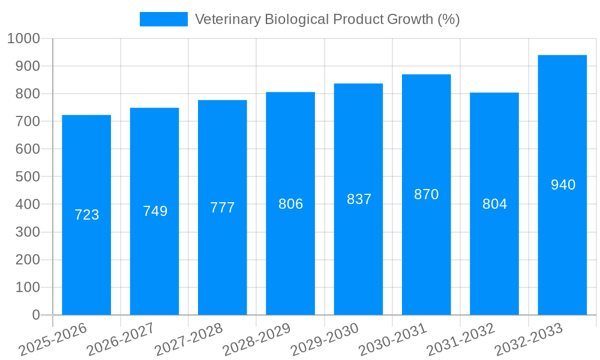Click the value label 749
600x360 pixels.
click(155, 211)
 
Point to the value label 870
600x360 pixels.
click(427, 194)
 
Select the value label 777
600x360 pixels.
click(223, 208)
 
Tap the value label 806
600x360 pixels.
click(290, 204)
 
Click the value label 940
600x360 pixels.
click(563, 185)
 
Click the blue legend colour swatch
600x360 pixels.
click(163, 19)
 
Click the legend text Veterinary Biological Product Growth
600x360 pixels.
click(328, 19)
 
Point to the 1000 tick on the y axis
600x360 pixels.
click(23, 38)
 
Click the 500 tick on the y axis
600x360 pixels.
click(28, 177)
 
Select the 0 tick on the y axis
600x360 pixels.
click(35, 315)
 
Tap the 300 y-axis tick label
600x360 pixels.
click(28, 232)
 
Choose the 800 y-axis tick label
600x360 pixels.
click(28, 94)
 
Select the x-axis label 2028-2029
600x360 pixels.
click(257, 338)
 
